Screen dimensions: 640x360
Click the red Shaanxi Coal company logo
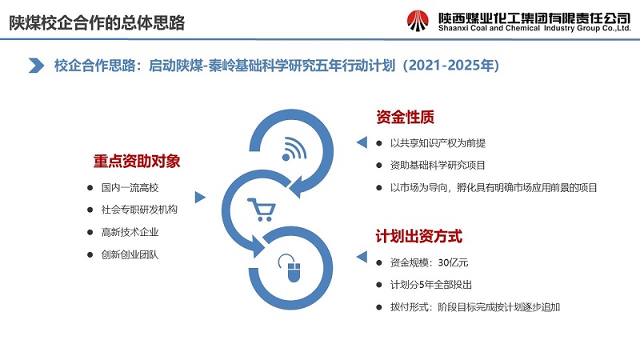[x=418, y=21]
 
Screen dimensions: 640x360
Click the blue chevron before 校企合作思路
[x=36, y=66]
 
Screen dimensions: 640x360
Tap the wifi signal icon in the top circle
[x=294, y=149]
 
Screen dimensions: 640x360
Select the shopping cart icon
[x=262, y=210]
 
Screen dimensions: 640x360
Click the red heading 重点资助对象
[x=137, y=161]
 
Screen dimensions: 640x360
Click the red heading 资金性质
[x=405, y=117]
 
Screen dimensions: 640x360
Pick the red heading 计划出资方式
[x=419, y=236]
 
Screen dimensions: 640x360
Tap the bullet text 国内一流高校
[x=130, y=188]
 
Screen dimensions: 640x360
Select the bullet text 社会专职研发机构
[x=139, y=210]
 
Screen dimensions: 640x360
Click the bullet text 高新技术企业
[x=130, y=232]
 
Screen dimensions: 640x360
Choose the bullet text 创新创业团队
[x=130, y=254]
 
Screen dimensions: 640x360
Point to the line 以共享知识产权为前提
[x=438, y=143]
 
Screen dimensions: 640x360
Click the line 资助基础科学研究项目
[x=438, y=166]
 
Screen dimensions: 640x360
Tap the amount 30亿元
[x=453, y=262]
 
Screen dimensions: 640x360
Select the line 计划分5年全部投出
[x=431, y=285]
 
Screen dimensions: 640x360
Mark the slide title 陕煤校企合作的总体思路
[x=97, y=23]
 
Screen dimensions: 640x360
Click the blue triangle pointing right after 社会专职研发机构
[x=200, y=197]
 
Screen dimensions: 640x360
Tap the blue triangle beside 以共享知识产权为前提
[x=362, y=142]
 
